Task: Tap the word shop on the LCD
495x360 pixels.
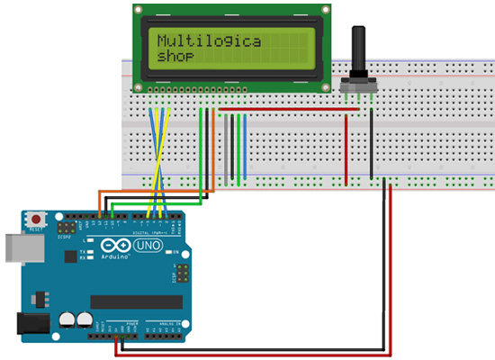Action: (175, 57)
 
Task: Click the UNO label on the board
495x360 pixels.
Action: (146, 246)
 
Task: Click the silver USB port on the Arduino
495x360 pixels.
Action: (13, 246)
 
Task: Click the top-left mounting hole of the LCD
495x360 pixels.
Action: (139, 11)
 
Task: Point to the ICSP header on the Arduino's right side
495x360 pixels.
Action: (183, 274)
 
